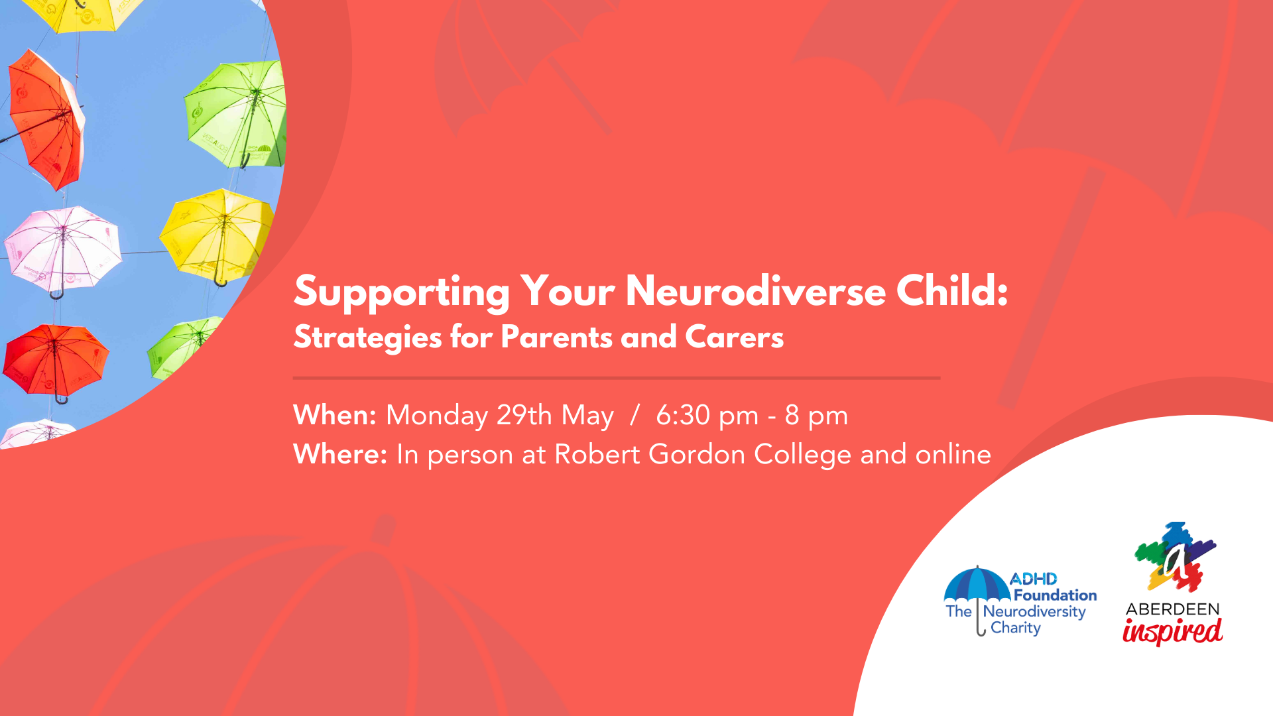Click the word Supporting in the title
coord(402,292)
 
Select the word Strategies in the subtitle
coord(367,338)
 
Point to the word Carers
coord(734,337)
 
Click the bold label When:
coord(335,415)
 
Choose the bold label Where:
coord(340,454)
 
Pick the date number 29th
coord(524,415)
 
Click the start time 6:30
coord(683,415)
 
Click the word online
coord(953,454)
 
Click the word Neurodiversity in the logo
coord(1034,612)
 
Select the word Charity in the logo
coord(1016,628)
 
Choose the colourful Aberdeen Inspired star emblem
coord(1175,557)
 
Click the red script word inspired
coord(1172,630)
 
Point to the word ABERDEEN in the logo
coord(1172,609)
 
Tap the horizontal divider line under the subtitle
coord(617,378)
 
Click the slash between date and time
coord(635,415)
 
